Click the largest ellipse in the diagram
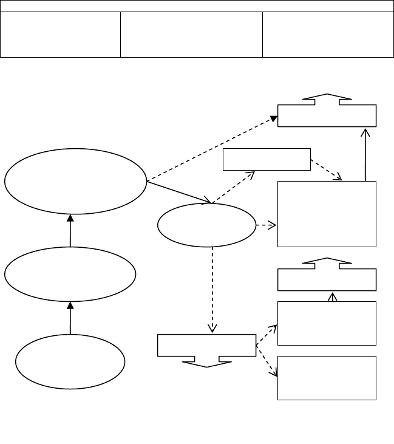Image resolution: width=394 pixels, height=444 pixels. coord(76,181)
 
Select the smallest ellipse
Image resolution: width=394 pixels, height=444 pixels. coord(206,225)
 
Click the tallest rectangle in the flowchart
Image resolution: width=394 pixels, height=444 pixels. coord(327,214)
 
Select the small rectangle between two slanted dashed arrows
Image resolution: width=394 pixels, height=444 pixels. coord(267,159)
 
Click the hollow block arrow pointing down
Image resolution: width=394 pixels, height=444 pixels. coord(206,361)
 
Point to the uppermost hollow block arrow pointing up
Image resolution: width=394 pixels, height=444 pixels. coord(327,99)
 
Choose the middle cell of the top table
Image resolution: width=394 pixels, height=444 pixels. coord(191,34)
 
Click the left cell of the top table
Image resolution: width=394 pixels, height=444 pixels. coord(61,34)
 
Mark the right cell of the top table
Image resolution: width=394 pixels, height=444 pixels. coord(328,34)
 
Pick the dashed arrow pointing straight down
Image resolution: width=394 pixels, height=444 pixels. coord(212,289)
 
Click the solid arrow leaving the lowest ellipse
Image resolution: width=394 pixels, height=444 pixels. coord(70,318)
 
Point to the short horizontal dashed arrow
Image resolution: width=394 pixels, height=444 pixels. coord(266,225)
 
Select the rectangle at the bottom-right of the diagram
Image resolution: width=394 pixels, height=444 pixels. coord(327,378)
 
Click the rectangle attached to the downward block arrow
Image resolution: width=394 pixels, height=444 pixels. coord(206,344)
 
